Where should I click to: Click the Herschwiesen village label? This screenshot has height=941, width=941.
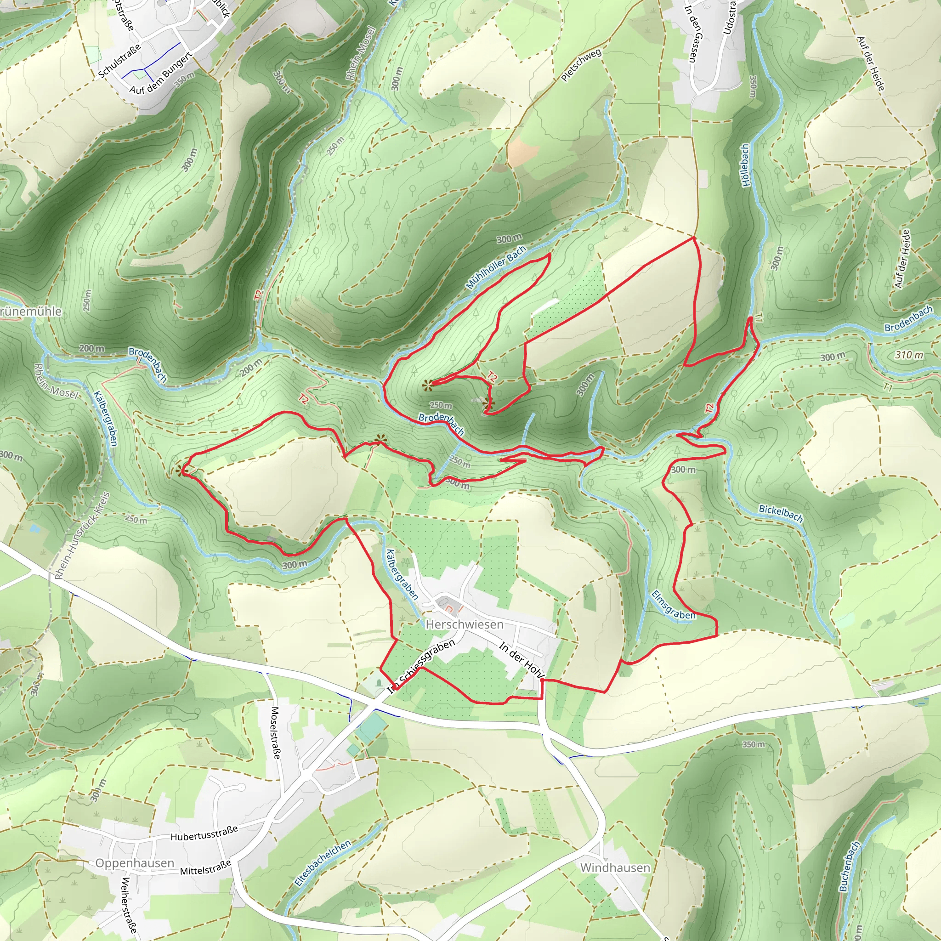click(x=464, y=624)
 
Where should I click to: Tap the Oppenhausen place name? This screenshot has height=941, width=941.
click(x=135, y=863)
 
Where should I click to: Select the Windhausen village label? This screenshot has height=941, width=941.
click(x=615, y=867)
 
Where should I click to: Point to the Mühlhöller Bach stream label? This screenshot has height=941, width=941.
click(x=496, y=267)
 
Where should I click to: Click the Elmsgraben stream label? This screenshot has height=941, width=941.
click(x=673, y=606)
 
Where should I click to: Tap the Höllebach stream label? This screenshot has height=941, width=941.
click(x=745, y=164)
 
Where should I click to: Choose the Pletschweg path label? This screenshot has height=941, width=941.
click(x=581, y=65)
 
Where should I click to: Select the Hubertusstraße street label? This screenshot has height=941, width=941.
click(x=204, y=833)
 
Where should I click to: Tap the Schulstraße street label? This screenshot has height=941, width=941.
click(x=119, y=60)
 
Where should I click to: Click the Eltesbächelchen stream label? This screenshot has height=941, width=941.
click(x=323, y=863)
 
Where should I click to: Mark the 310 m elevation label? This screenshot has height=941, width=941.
click(x=909, y=355)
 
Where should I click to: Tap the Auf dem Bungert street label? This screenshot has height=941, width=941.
click(x=161, y=73)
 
